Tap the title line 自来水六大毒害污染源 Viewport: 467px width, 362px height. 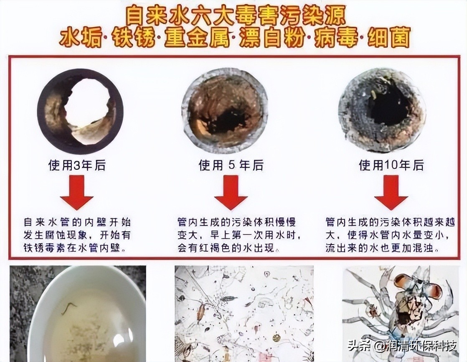tap(233, 15)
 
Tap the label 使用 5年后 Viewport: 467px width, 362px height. tap(231, 166)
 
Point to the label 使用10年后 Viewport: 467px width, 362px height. tap(391, 166)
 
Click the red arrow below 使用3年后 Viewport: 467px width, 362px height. tap(77, 193)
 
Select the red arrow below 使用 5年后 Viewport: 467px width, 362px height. tap(231, 193)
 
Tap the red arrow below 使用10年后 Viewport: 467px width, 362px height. tap(391, 193)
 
